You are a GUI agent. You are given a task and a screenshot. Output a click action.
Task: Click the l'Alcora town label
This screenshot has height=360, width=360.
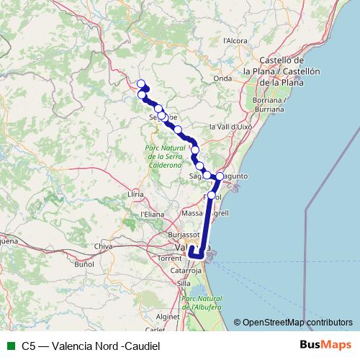coord(236,41)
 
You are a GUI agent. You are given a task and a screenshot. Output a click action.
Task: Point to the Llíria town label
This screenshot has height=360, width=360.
coord(135,194)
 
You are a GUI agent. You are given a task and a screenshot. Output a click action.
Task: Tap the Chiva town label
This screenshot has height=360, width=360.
coord(104,247)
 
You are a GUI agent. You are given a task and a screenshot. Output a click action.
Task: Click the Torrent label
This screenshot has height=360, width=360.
coord(170,257)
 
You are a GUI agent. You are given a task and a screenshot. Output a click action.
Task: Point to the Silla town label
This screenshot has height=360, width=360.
coord(184,284)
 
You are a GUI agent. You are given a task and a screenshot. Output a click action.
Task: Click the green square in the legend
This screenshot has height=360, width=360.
coord(9,346)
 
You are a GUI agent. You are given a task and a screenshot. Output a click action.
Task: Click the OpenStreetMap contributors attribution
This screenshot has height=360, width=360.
coord(297,322)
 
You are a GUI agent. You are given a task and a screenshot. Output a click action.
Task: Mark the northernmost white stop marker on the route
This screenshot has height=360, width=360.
coord(141,84)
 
